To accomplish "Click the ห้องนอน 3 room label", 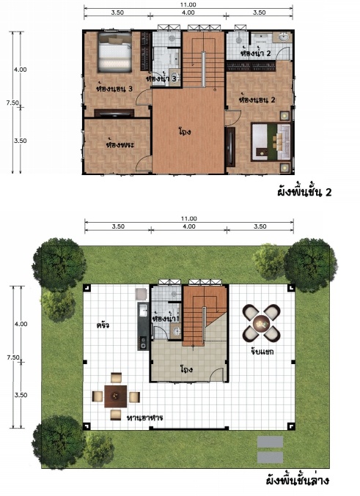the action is point(114,89).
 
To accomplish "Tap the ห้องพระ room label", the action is point(120,144).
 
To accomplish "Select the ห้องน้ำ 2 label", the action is point(256,53).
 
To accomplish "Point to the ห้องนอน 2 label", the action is point(258,100).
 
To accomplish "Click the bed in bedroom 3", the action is point(114,52).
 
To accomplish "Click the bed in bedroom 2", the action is point(271,141).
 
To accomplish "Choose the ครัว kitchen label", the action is point(103,325).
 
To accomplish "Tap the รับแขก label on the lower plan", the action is point(262,351).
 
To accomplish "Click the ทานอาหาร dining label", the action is point(144,418).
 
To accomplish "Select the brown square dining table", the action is point(116,396).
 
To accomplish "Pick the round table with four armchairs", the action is point(261,323).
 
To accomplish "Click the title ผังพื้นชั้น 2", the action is point(304,192).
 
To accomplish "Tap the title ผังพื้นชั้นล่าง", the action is point(298,481).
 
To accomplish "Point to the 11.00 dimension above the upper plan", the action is point(188,4).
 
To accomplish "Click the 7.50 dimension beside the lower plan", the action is point(13,358).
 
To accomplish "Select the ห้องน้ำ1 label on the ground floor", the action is point(166,318).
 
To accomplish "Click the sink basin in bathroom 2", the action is point(284,38).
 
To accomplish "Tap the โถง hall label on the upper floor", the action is point(185,132).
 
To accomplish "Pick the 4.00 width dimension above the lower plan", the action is point(188,226).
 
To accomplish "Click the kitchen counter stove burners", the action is point(143,343).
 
